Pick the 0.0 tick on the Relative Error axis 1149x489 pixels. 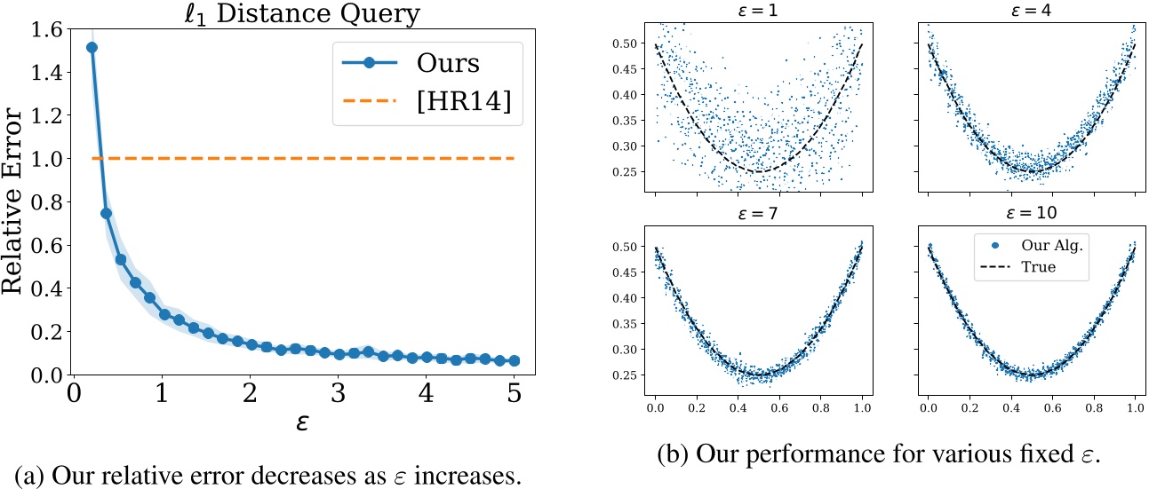(x=44, y=375)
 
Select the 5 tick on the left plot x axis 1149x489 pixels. (x=514, y=394)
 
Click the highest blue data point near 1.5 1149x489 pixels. (x=92, y=47)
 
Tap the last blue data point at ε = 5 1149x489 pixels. (x=514, y=361)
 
